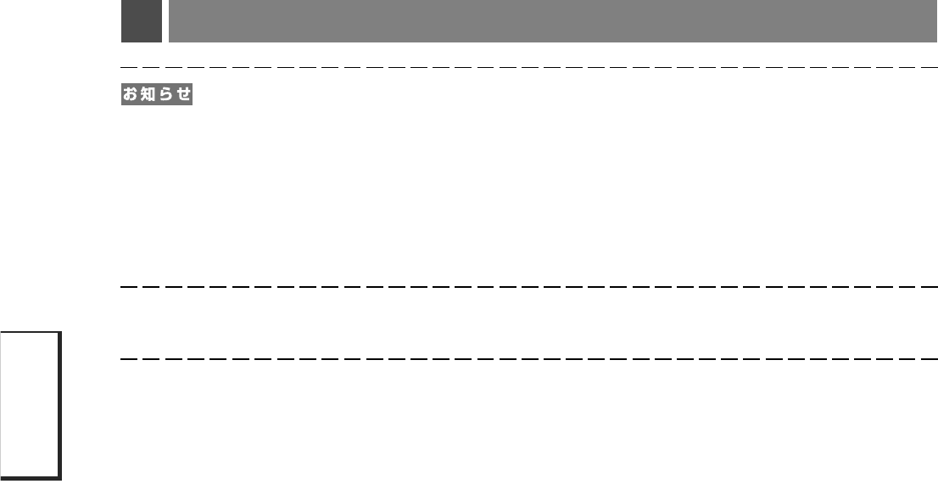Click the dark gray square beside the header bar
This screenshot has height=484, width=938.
pos(141,21)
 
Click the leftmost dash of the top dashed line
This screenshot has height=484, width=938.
pos(129,66)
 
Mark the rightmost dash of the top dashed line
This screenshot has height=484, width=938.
pos(930,66)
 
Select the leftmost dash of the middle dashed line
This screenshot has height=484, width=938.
pos(129,287)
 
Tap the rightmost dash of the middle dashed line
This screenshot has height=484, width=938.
pos(930,287)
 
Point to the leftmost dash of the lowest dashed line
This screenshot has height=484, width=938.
pos(129,358)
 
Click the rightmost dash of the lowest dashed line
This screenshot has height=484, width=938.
pos(930,358)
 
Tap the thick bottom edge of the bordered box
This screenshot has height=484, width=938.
pos(30,478)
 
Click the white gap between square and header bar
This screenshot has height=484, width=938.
pos(165,21)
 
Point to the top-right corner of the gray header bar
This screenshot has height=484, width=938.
pos(936,2)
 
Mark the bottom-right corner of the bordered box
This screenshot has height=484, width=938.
pos(61,479)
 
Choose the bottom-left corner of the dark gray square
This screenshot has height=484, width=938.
pos(122,42)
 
